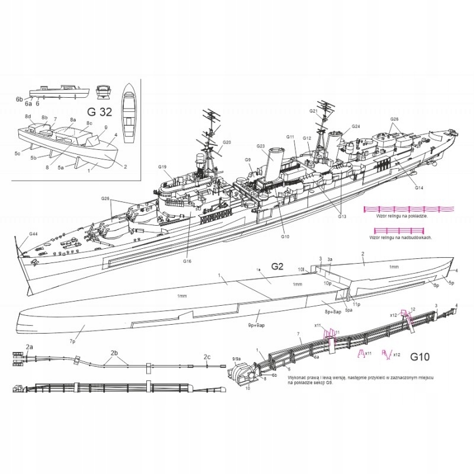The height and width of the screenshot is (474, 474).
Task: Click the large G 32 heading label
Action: pyautogui.click(x=98, y=111)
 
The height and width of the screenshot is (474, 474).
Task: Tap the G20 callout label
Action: pyautogui.click(x=227, y=142)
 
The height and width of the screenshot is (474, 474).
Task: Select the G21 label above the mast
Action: pyautogui.click(x=314, y=111)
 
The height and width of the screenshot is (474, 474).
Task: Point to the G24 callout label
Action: pyautogui.click(x=356, y=126)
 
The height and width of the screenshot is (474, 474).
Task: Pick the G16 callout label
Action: pyautogui.click(x=187, y=261)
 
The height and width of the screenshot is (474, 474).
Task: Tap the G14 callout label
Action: pyautogui.click(x=418, y=188)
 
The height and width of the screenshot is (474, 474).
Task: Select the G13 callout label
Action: pyautogui.click(x=342, y=216)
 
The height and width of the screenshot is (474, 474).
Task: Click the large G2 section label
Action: pyautogui.click(x=278, y=267)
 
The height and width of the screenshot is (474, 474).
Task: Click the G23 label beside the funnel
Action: pyautogui.click(x=261, y=146)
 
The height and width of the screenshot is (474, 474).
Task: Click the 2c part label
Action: pyautogui.click(x=207, y=357)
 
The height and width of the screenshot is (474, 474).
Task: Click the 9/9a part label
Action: pyautogui.click(x=236, y=358)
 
